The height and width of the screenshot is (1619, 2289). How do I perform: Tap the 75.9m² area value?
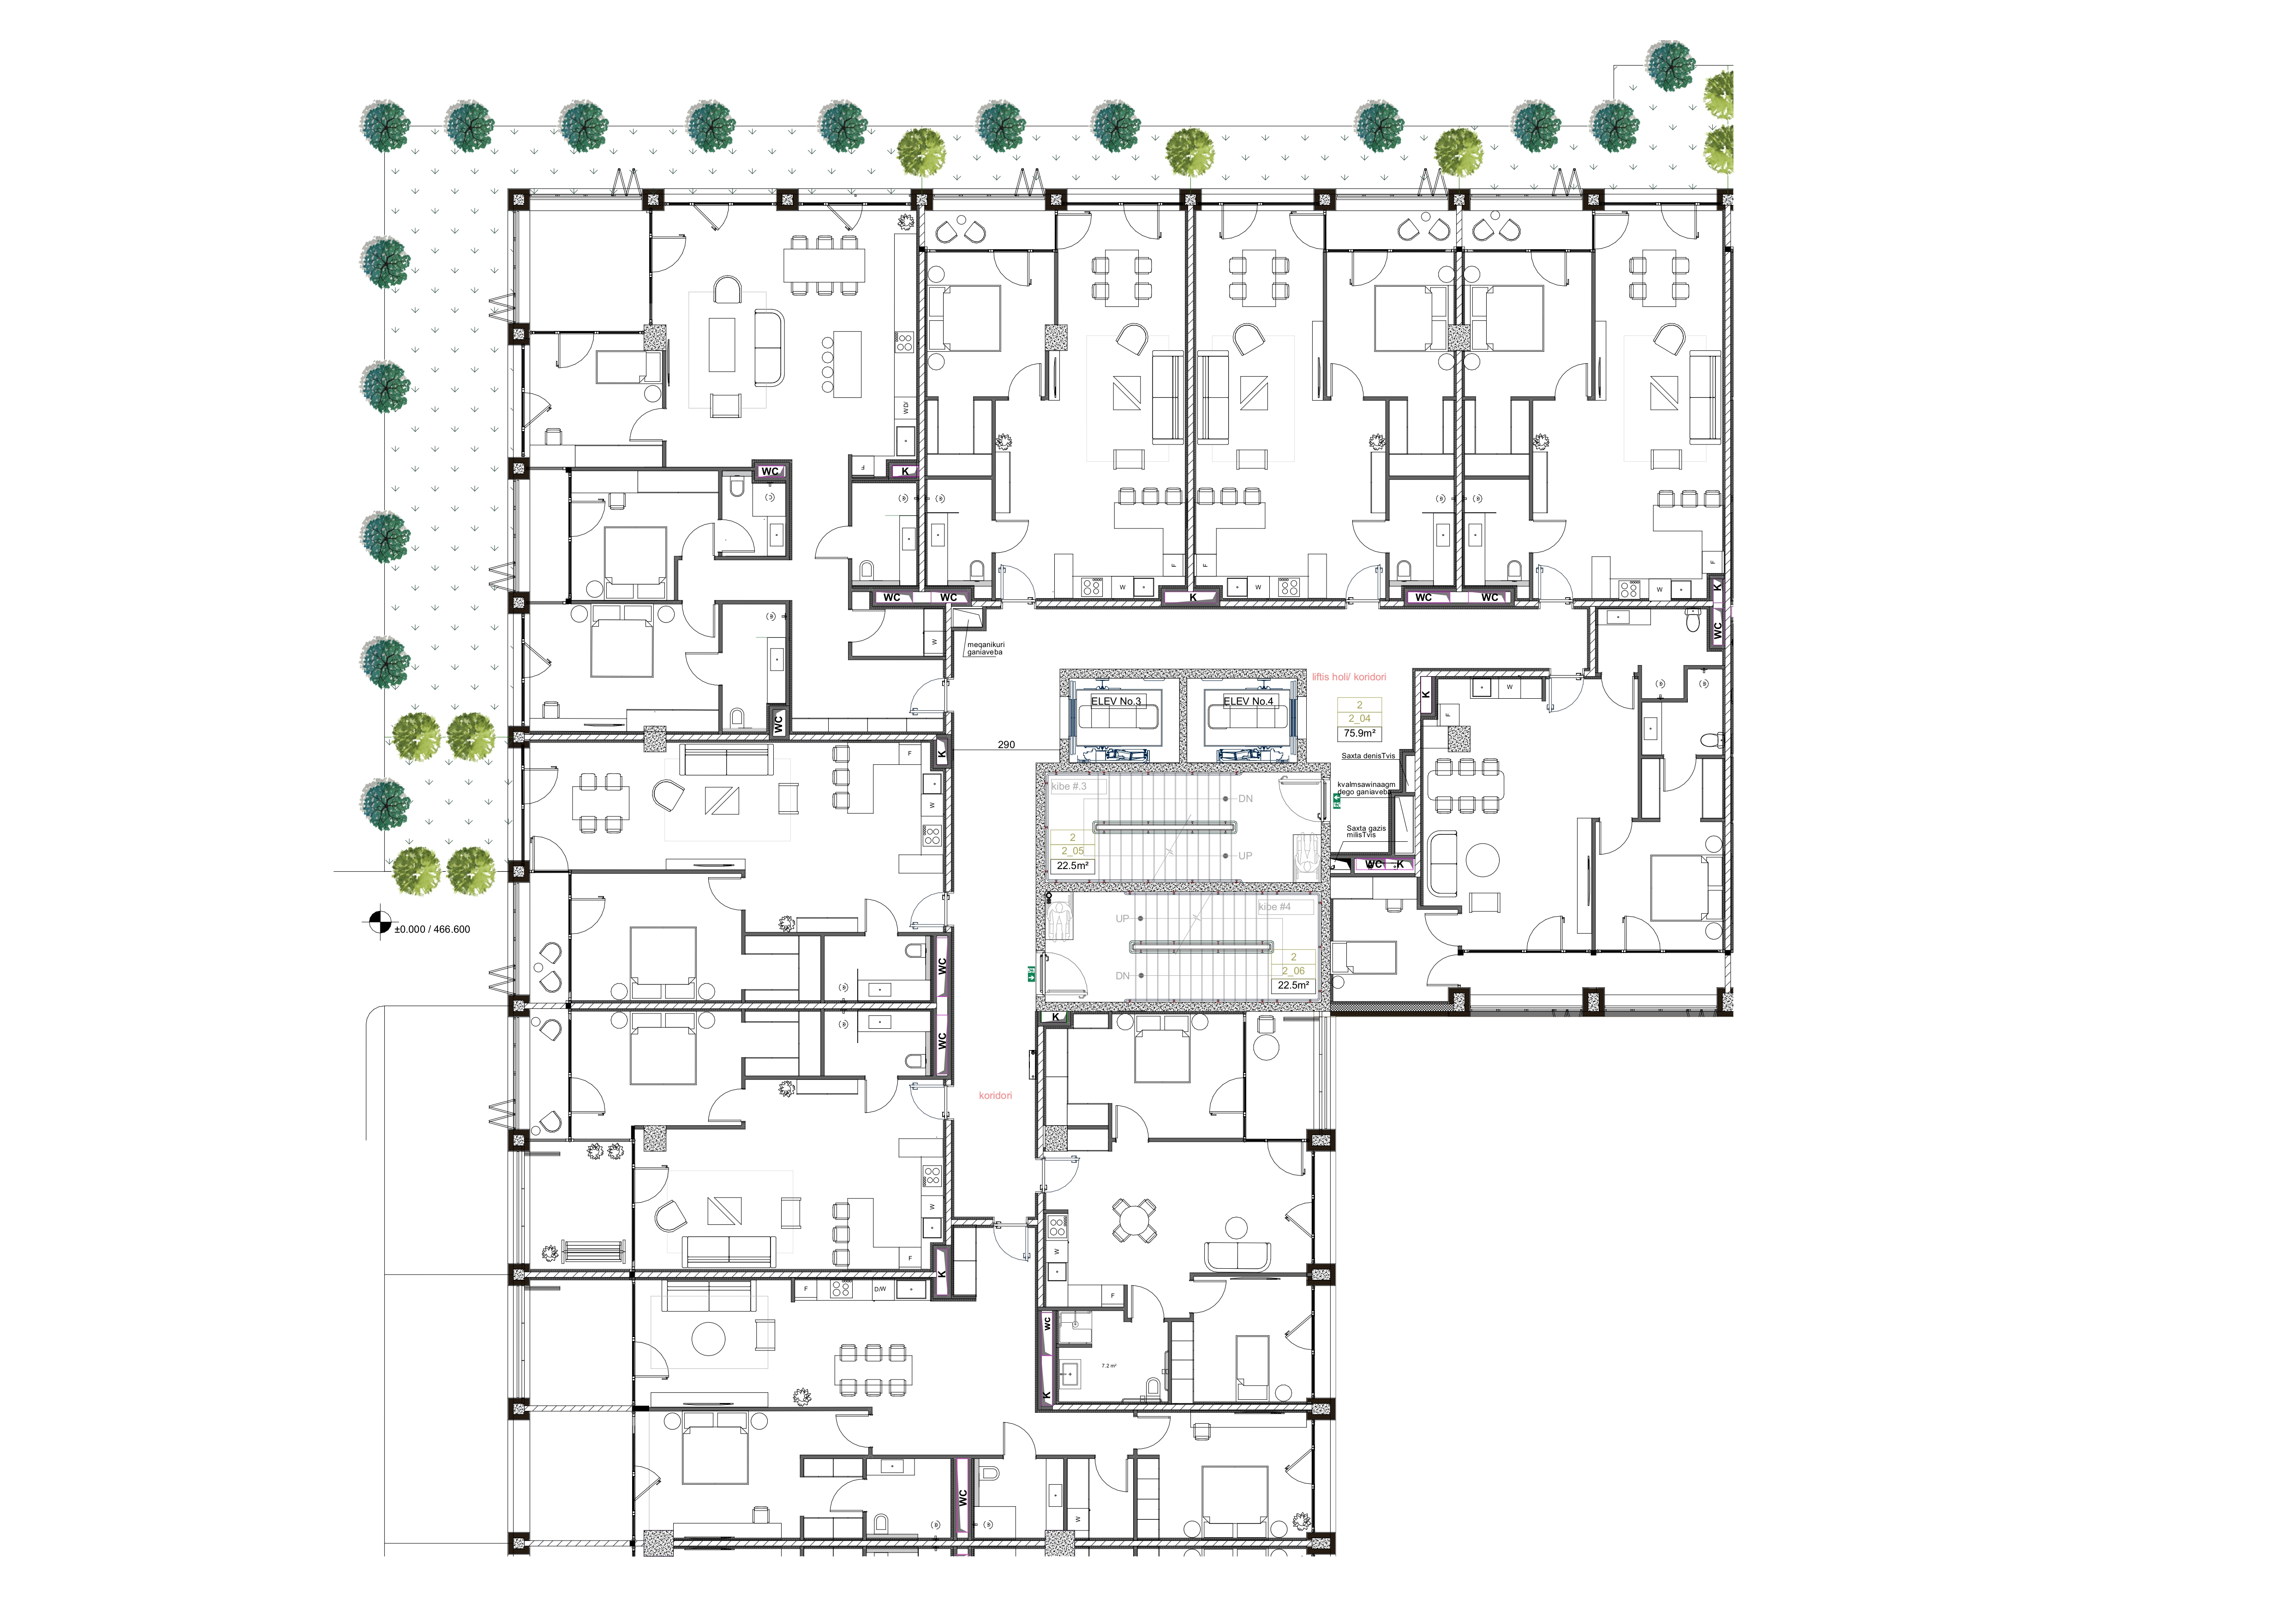pos(1359,733)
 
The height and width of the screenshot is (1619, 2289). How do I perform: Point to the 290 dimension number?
pos(1006,745)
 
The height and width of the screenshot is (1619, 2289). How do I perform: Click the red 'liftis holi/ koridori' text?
pos(1349,677)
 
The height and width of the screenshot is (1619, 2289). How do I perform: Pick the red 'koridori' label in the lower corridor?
pos(995,1096)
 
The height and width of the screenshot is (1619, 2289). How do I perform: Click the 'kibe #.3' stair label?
pos(1069,786)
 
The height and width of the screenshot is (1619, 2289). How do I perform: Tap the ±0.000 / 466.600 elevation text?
pos(432,929)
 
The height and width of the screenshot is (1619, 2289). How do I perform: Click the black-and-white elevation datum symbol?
pos(379,924)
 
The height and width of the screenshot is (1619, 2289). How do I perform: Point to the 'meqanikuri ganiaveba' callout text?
pos(985,648)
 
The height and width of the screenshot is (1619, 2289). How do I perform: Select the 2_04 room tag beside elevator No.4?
pos(1359,718)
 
